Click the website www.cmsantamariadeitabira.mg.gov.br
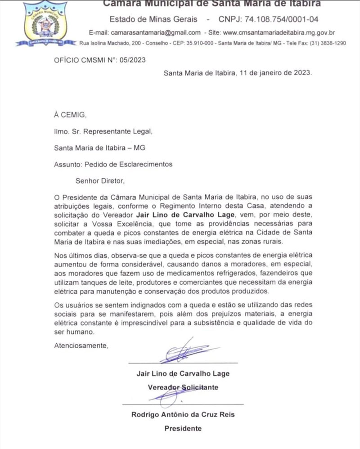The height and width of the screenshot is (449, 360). [279, 32]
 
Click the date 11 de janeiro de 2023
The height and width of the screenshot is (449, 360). [274, 72]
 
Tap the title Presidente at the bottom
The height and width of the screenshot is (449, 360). [183, 428]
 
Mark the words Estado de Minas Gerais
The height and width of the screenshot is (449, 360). [153, 19]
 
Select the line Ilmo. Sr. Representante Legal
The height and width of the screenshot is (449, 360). [103, 132]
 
